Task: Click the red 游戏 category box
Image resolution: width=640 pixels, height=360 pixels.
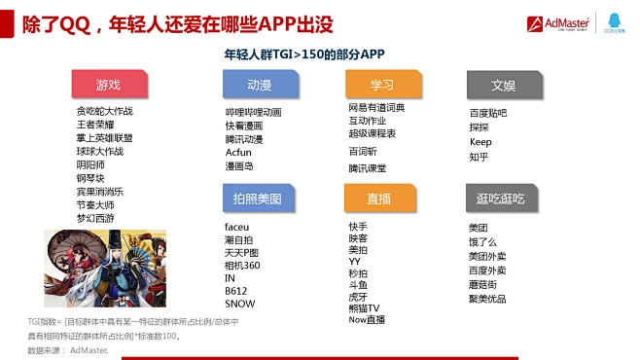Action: pos(109,85)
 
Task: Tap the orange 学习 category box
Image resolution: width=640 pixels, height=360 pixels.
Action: pos(381,85)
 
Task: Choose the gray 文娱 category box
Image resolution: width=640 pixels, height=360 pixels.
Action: pos(503,85)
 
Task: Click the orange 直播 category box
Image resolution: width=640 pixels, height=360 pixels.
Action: pos(381,198)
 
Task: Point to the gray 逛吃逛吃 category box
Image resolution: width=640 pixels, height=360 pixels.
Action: pos(503,198)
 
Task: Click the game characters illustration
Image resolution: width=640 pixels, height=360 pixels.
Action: pos(105,270)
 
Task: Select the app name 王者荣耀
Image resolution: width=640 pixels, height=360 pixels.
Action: pos(95,125)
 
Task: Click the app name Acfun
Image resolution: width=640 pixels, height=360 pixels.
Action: pos(238,153)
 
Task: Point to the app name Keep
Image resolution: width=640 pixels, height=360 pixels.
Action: pos(480,142)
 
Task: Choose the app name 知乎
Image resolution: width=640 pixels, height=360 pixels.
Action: pos(479,157)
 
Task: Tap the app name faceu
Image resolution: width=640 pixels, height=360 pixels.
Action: pos(236,227)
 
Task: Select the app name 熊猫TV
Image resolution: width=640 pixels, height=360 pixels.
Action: pos(364,308)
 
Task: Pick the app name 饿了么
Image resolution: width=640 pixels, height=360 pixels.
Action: pos(482,241)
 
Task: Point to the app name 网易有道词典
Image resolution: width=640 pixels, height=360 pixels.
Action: pos(376,108)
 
